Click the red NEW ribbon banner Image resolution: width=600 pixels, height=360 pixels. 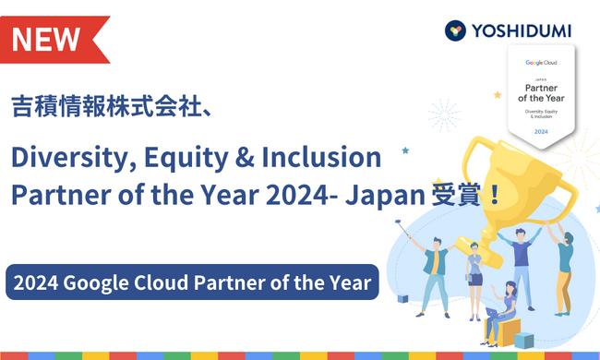51,38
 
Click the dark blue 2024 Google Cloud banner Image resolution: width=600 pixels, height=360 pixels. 193,282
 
